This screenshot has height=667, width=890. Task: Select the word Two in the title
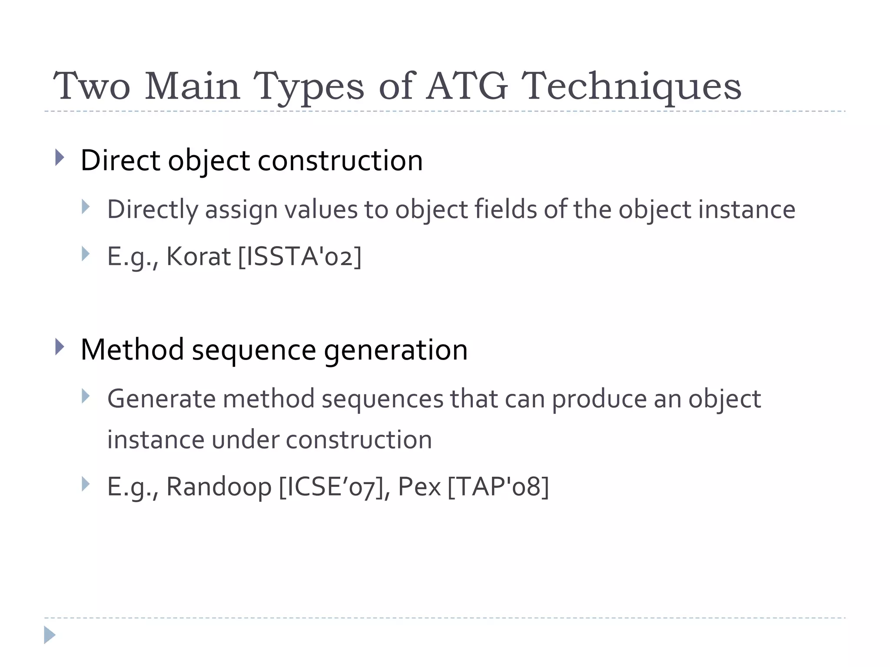(91, 86)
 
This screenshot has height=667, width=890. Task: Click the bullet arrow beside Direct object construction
(60, 158)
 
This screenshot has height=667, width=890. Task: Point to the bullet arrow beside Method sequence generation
(60, 347)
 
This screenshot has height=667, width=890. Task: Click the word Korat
(199, 256)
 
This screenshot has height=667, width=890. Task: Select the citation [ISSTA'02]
(300, 256)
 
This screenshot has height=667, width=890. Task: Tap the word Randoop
(219, 486)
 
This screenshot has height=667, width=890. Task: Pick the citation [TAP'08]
(498, 486)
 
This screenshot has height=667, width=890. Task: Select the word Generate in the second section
(161, 399)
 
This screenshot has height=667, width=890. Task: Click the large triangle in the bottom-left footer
(49, 635)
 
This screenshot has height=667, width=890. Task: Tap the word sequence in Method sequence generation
(254, 350)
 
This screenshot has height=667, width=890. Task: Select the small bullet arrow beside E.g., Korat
(86, 254)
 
